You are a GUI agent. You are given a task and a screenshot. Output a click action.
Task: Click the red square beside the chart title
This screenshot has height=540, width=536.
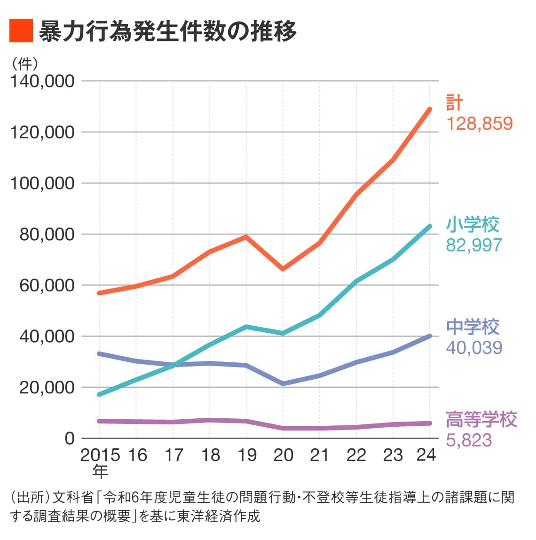point(21,31)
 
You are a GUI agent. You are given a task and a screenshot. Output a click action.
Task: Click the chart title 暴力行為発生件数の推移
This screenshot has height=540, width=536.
point(167,31)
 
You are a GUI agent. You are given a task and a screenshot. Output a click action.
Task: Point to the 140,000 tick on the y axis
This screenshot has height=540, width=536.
point(42,81)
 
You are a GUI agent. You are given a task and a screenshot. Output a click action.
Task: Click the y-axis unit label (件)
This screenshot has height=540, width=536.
point(25,63)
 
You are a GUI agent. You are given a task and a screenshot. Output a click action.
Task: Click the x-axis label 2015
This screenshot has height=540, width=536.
point(100,455)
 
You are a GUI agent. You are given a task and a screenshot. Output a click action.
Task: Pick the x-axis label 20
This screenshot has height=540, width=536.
point(283,455)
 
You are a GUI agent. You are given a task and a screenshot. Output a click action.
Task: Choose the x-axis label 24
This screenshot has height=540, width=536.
point(426,455)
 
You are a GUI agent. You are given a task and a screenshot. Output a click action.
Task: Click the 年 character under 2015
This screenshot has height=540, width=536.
point(100,470)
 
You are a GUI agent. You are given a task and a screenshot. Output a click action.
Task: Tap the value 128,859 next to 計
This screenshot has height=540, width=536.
point(479,124)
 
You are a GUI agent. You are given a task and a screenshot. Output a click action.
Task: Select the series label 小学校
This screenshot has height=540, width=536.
point(473,224)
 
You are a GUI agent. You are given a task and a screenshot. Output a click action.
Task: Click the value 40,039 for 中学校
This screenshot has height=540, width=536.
point(474,347)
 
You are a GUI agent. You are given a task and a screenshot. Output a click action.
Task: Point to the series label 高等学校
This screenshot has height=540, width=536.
point(481,419)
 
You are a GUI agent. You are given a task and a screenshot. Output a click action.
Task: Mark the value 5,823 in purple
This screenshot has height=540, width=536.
point(469,440)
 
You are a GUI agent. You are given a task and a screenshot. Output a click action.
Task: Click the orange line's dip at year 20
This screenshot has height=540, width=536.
point(283,269)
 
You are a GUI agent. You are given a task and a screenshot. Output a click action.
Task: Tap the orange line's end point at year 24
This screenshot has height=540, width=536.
point(429,110)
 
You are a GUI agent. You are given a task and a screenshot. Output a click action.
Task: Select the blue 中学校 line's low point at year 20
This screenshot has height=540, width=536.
point(283,383)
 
